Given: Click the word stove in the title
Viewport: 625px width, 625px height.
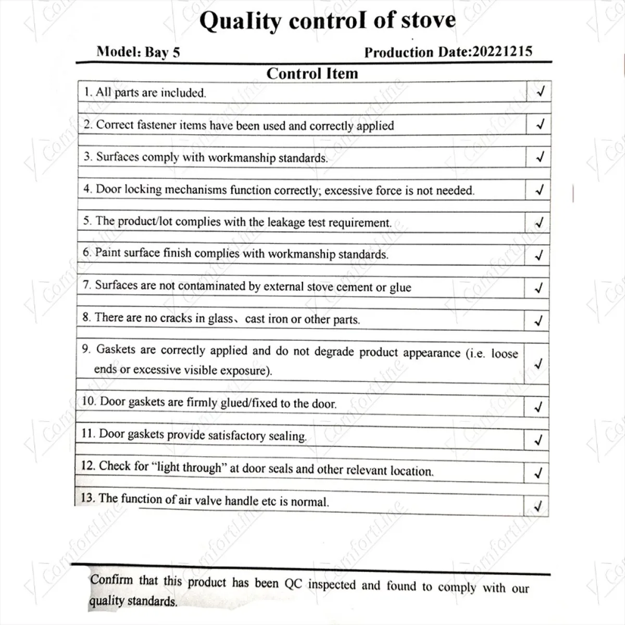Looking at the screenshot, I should [x=429, y=20].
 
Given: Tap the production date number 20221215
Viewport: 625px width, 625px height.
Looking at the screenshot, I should [x=502, y=52].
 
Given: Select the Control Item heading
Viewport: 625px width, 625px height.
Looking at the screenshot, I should [x=312, y=73].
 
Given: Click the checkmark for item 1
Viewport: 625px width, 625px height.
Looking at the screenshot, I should [x=541, y=92].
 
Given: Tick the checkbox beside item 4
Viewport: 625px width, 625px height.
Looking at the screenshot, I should [x=540, y=190].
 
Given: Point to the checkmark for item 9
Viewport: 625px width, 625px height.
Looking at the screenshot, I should [x=539, y=363].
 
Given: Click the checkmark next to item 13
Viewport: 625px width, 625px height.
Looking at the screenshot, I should [x=538, y=505].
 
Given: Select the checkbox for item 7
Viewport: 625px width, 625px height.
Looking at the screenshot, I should [x=539, y=287].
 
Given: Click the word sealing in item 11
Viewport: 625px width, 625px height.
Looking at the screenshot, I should [x=287, y=436].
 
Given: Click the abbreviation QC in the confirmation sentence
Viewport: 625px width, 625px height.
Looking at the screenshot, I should [x=293, y=584].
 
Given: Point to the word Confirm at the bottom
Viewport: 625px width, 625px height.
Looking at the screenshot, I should [x=111, y=579].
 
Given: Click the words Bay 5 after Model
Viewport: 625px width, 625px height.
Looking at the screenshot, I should [x=162, y=52].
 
